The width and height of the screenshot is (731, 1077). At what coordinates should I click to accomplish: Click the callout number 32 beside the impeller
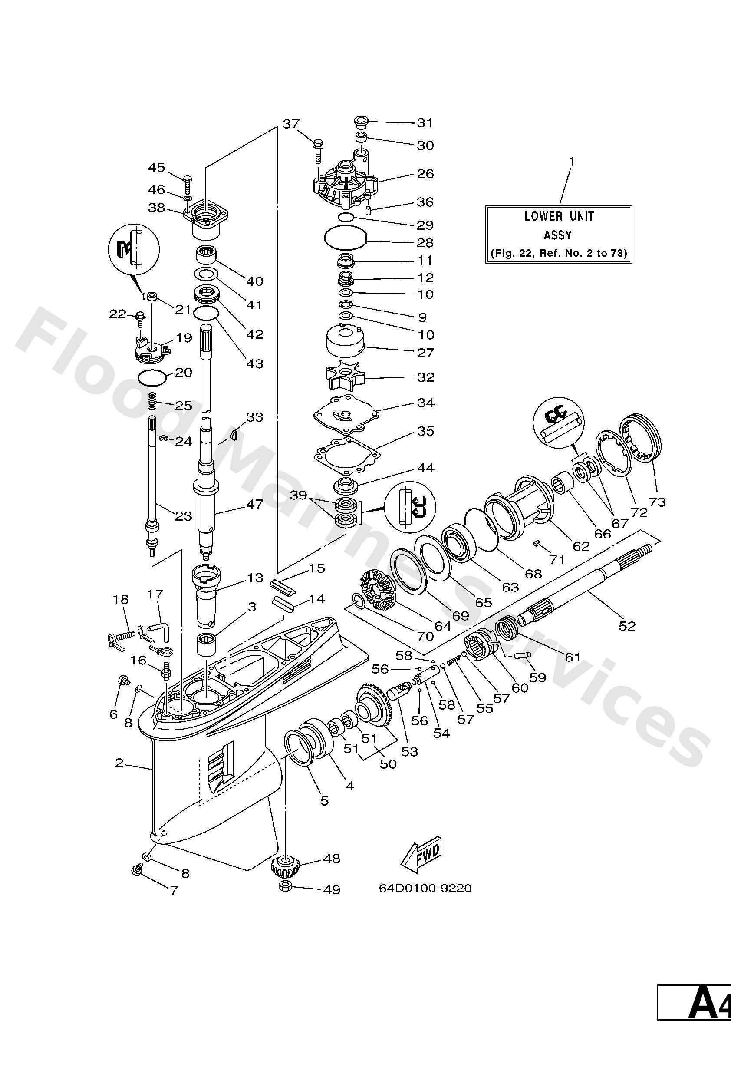pos(425,377)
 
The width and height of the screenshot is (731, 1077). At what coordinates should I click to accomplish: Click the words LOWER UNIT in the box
pos(559,216)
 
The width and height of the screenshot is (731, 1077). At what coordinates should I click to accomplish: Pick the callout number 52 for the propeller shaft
pos(627,626)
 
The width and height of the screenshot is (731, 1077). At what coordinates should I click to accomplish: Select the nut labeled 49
pos(285,887)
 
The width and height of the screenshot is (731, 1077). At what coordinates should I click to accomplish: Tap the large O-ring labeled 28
pos(346,239)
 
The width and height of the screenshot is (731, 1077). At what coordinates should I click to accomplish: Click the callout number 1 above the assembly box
pos(572,161)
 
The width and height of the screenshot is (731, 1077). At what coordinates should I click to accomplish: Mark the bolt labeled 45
pos(187,184)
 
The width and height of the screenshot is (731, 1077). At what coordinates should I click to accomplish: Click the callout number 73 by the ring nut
pos(657,502)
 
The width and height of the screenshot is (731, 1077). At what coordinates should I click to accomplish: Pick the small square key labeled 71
pos(537,544)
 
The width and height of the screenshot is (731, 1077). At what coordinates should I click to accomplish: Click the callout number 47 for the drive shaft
pos(254,504)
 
